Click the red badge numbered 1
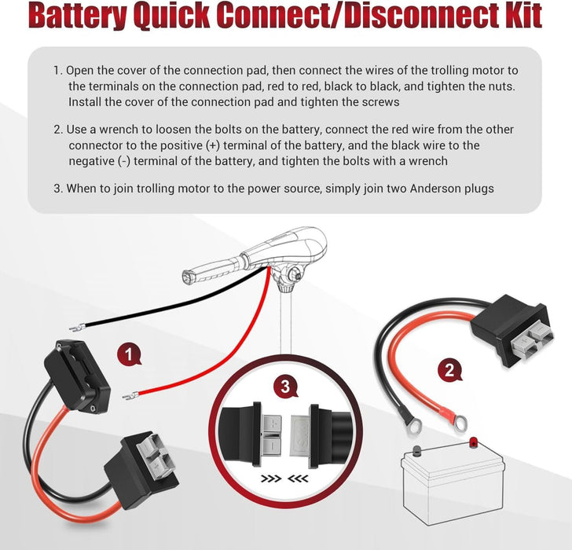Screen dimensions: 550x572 (128, 355)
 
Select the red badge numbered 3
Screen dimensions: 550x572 (285, 387)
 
